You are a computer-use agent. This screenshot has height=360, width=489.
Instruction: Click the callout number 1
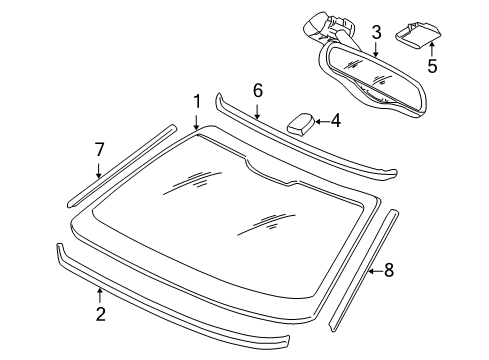point(197,101)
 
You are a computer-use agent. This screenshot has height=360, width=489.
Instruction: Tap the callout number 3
point(376,34)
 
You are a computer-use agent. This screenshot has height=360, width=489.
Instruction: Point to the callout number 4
point(335,121)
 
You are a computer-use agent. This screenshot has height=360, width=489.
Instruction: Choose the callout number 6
point(257,90)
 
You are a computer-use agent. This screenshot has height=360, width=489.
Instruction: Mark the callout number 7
point(99,149)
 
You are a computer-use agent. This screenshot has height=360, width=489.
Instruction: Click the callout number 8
point(389,269)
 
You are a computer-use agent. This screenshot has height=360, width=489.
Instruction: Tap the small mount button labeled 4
point(298,125)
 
